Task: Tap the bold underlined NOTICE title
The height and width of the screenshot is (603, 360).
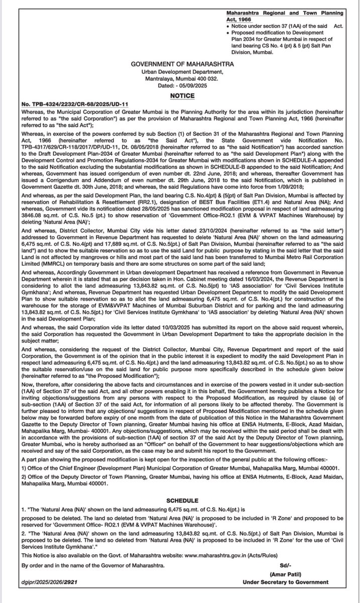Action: [180, 94]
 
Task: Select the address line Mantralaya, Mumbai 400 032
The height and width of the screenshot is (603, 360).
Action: [180, 79]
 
